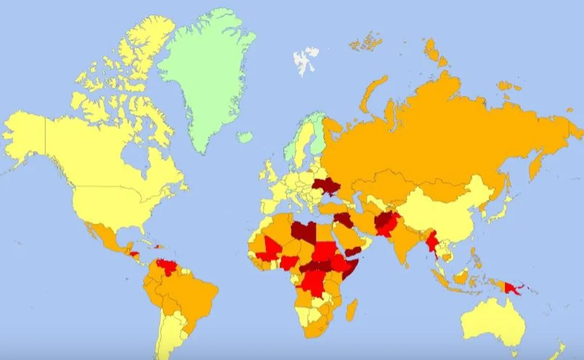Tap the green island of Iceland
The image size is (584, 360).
coord(245,137)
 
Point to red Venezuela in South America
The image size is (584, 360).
coord(165,266)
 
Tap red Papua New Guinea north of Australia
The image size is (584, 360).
coord(512,288)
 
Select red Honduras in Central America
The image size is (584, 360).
coord(135,254)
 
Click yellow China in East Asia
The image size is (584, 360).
coord(440,215)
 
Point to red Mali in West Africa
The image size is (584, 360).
coord(272,248)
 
